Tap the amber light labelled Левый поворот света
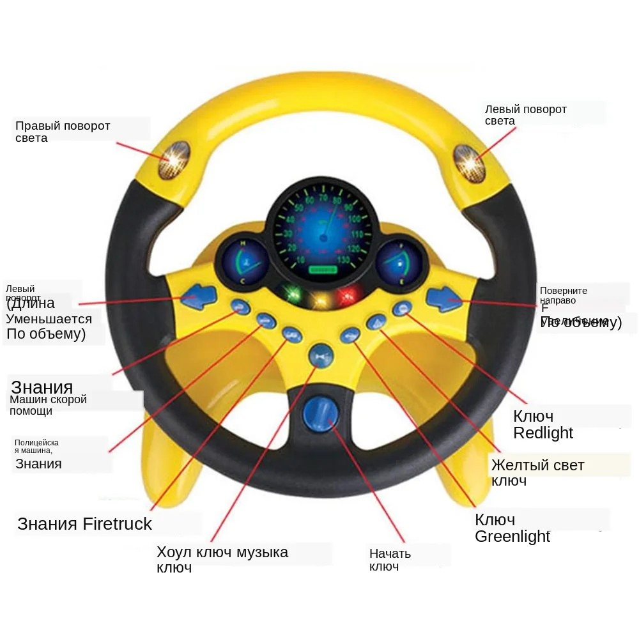tap(468, 160)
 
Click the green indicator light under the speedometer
tap(293, 294)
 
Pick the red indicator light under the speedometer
tap(347, 295)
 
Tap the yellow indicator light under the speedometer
tap(319, 298)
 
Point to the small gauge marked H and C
tap(243, 262)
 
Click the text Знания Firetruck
tap(85, 524)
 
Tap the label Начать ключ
tap(390, 560)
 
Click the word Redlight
tap(543, 433)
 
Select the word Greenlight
tap(512, 536)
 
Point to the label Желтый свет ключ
tap(537, 472)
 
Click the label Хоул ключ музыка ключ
tap(222, 559)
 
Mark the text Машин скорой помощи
tap(49, 405)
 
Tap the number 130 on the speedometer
tap(344, 259)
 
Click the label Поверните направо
tap(563, 295)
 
